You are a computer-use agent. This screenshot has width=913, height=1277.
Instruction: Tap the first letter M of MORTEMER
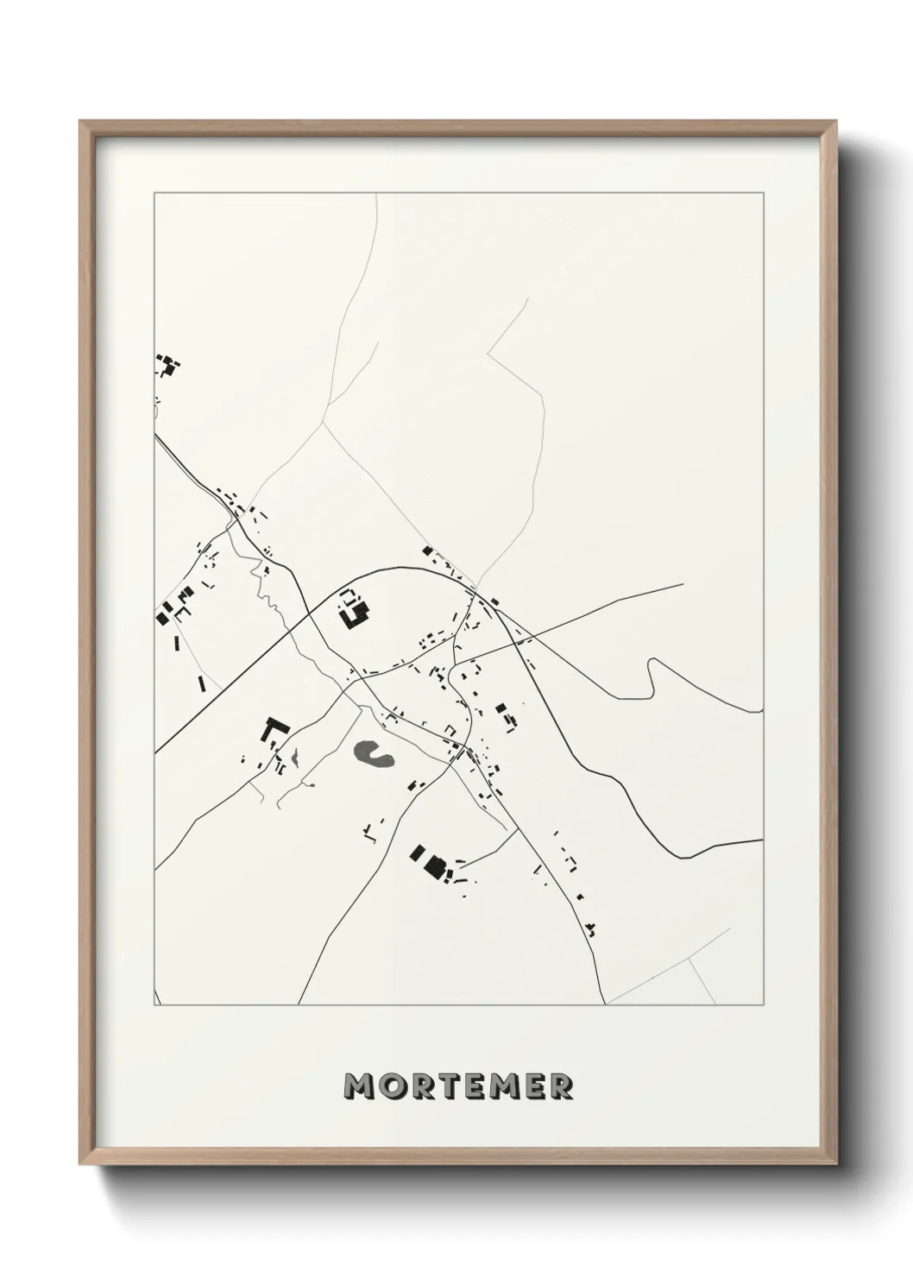359,1086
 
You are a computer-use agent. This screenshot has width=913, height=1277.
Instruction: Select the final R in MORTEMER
559,1086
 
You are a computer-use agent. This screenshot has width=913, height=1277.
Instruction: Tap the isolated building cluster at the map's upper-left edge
167,365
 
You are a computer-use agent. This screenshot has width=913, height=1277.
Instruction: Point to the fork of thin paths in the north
323,423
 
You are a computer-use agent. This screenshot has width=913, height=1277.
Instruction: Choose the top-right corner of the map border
763,194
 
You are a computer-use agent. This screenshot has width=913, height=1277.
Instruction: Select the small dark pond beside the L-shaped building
295,758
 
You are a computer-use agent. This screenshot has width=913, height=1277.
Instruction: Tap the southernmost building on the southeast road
592,930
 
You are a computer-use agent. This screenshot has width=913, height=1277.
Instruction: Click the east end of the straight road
683,584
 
